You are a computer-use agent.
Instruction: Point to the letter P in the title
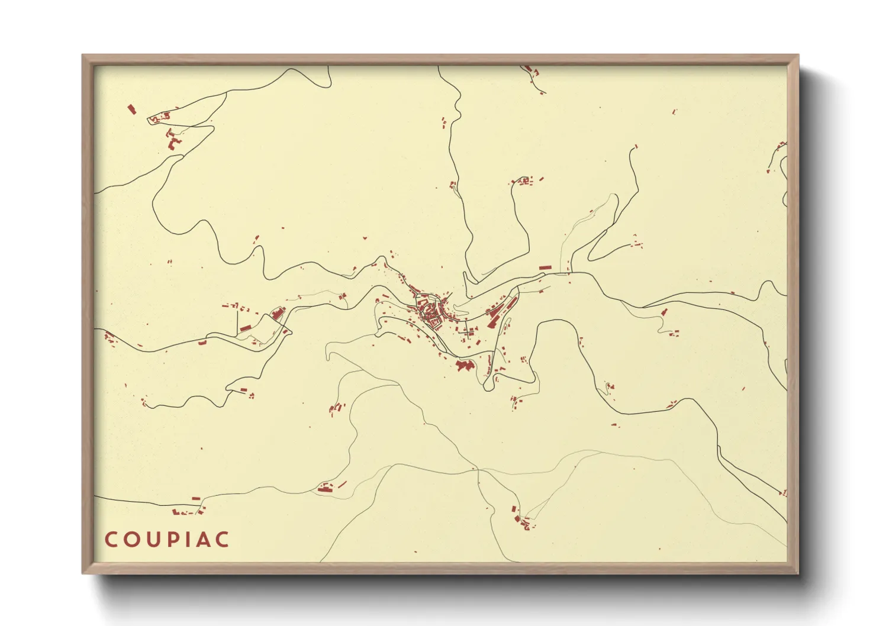[169, 540]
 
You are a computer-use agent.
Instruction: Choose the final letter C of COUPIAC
[221, 540]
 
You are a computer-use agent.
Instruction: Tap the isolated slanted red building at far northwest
[132, 109]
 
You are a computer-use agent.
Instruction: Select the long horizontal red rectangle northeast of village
[545, 268]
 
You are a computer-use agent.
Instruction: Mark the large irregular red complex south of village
[465, 366]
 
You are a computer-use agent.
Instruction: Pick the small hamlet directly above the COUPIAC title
[186, 510]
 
